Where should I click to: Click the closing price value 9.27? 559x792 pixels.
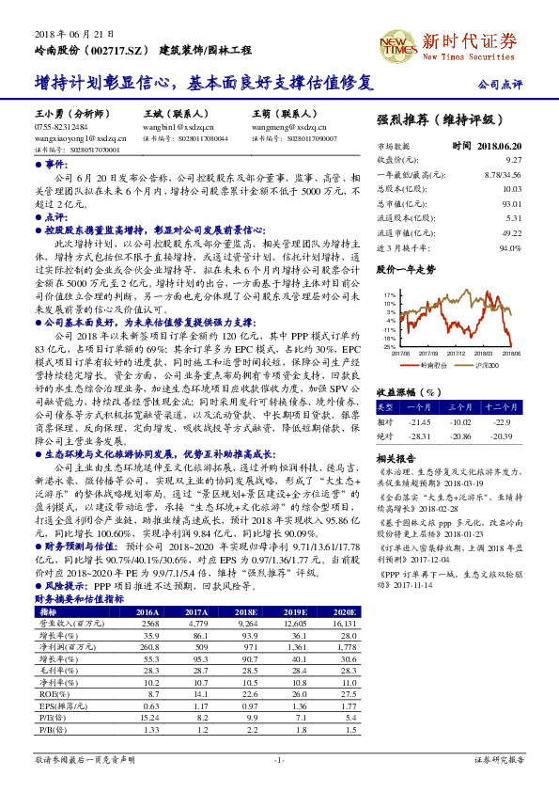pos(512,161)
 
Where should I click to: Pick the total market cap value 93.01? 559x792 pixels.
pos(511,203)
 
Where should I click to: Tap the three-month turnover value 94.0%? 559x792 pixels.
pos(509,247)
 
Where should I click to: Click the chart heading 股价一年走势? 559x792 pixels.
pos(406,269)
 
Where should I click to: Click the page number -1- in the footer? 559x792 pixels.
pos(279,758)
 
